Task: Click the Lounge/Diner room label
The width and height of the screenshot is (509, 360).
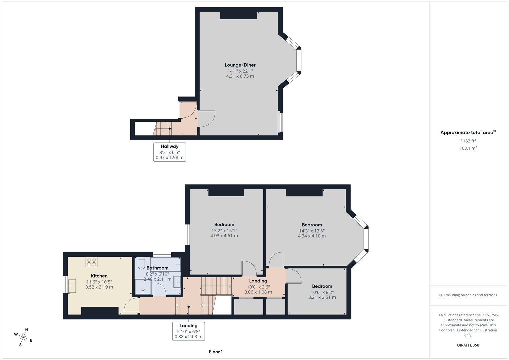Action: (x=240, y=65)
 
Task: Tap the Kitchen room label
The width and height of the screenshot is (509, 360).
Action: (x=99, y=276)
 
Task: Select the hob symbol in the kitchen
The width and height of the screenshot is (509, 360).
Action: (x=91, y=262)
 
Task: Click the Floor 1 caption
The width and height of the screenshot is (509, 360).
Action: (x=216, y=352)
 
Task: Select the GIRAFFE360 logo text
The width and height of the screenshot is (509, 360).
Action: (x=468, y=345)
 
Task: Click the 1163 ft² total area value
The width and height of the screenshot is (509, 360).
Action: (x=468, y=141)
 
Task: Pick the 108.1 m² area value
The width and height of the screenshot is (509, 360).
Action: (x=468, y=148)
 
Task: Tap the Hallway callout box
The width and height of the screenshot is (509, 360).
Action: (x=169, y=152)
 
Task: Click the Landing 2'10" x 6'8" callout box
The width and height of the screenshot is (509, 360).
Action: (x=188, y=331)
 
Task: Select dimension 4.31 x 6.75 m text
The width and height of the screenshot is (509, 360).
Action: (x=240, y=76)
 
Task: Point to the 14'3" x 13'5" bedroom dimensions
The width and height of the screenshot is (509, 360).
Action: (x=312, y=231)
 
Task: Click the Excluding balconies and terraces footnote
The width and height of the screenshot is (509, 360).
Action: (x=468, y=295)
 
